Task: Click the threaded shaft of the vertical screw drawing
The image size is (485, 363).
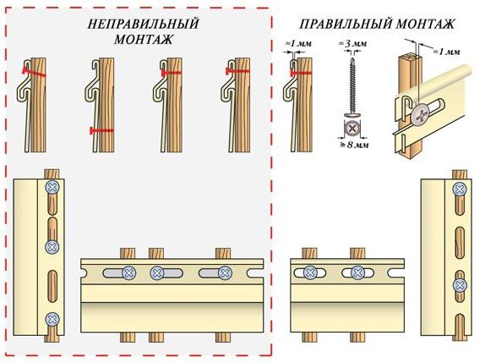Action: pyautogui.click(x=349, y=85)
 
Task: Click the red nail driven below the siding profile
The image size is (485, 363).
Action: pyautogui.click(x=101, y=131)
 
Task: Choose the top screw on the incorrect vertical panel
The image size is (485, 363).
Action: pyautogui.click(x=52, y=186)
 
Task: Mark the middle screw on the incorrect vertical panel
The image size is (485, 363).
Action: pyautogui.click(x=52, y=249)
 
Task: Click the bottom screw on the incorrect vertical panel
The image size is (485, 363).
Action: pyautogui.click(x=52, y=320)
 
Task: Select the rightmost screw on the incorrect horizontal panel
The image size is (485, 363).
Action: pyautogui.click(x=224, y=272)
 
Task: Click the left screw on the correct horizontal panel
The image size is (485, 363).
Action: pyautogui.click(x=308, y=272)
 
